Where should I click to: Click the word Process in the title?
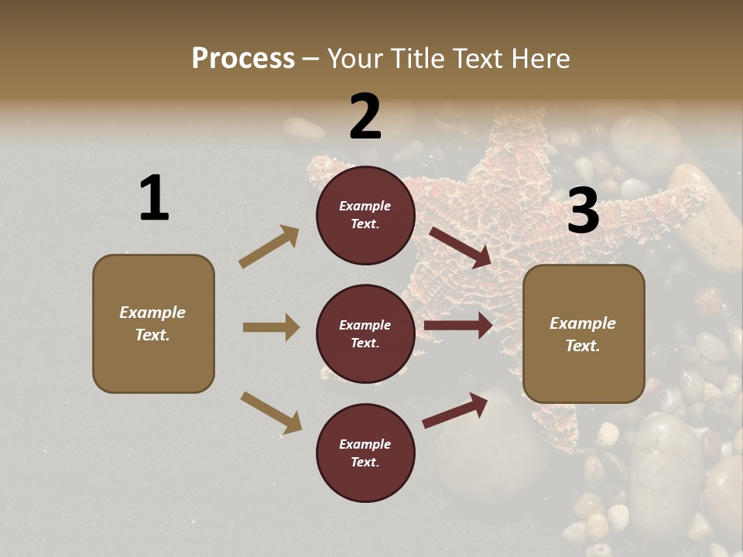243,58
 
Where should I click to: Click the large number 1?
154,199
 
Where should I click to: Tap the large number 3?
583,210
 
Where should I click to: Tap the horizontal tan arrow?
271,327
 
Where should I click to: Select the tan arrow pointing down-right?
271,412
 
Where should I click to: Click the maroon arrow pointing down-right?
461,247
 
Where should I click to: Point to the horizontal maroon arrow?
458,326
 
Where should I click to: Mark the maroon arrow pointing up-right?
456,410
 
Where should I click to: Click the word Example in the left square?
152,313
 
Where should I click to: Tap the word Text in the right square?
582,346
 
